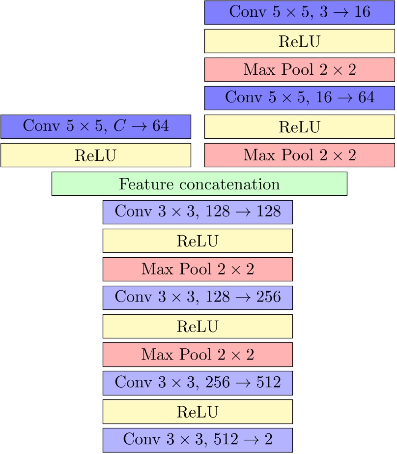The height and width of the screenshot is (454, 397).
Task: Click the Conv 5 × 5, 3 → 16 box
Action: (x=299, y=12)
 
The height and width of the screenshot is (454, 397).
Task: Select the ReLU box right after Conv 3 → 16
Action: (x=299, y=41)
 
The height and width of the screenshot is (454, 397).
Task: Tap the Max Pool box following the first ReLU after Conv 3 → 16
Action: (x=299, y=69)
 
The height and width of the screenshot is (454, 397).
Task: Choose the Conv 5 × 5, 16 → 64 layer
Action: (x=299, y=98)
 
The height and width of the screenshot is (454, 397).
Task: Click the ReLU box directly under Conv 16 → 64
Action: (x=299, y=126)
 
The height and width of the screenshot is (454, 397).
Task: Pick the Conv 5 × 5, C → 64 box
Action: (x=95, y=126)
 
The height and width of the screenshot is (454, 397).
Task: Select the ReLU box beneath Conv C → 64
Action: (x=95, y=155)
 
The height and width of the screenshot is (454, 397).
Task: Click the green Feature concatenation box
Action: (x=199, y=184)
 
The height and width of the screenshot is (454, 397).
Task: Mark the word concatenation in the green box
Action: (x=229, y=184)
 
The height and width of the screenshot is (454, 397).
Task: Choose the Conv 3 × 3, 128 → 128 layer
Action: (x=198, y=212)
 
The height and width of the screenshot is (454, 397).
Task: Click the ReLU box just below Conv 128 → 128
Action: (x=198, y=241)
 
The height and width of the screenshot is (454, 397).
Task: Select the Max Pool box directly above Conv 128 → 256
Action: (x=198, y=269)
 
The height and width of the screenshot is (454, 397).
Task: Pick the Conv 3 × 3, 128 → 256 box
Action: (x=198, y=298)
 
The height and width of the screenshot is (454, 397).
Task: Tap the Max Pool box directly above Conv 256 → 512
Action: (x=198, y=355)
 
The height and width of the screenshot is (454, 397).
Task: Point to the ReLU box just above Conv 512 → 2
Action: (x=198, y=412)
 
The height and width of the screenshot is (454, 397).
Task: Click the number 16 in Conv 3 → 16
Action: (x=362, y=12)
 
